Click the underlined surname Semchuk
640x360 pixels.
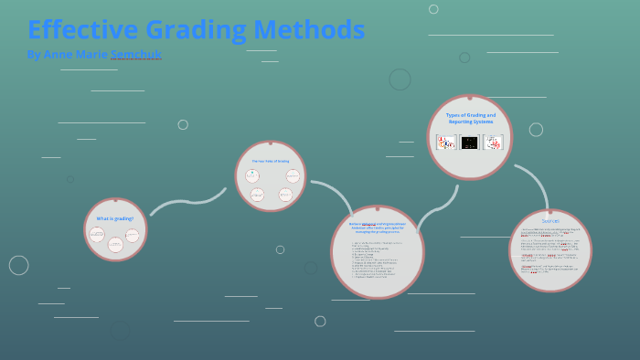click(136, 55)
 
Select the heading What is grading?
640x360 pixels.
click(115, 218)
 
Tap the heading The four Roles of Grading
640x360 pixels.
click(270, 161)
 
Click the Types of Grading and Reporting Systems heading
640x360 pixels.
click(470, 118)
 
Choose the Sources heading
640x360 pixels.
click(550, 220)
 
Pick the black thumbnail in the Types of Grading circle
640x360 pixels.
click(470, 143)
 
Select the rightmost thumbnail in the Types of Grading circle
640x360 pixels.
click(494, 143)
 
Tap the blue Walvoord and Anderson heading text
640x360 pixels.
click(377, 227)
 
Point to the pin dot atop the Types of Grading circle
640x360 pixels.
click(470, 96)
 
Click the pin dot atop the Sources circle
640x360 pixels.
click(550, 210)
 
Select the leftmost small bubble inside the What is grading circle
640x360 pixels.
click(97, 236)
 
